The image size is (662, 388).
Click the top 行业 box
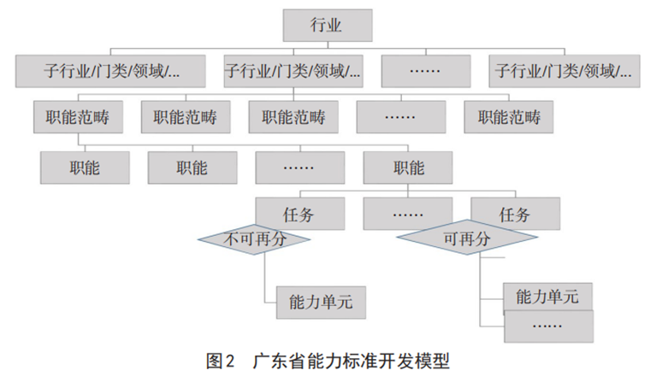click(327, 25)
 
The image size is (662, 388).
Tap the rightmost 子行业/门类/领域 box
click(565, 70)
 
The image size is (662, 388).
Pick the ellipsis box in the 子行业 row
click(425, 70)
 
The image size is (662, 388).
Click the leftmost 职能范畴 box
click(77, 117)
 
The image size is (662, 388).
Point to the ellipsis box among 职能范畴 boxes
click(400, 117)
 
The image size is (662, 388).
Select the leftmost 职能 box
click(84, 168)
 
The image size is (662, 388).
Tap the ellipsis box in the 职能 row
click(299, 168)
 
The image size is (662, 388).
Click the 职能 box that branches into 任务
click(406, 168)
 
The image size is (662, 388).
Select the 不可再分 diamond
click(254, 239)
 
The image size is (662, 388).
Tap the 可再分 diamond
click(467, 240)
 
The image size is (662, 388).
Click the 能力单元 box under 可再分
click(547, 297)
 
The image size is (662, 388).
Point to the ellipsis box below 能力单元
click(547, 326)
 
